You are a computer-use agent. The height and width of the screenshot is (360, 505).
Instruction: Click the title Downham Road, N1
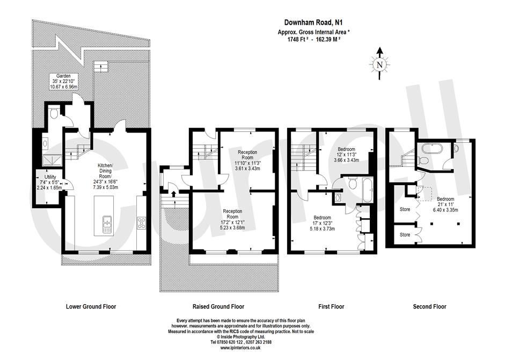[313, 22]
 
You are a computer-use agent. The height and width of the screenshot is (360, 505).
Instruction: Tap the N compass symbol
[380, 64]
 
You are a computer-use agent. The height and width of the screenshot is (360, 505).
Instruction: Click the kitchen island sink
[107, 224]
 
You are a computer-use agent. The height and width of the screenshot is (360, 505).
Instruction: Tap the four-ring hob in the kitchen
[142, 223]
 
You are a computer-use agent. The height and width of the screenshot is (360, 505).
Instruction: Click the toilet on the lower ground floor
[54, 113]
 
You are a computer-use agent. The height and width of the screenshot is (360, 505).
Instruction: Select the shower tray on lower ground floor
[52, 160]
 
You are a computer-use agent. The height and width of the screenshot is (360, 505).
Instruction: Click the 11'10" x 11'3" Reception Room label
[247, 160]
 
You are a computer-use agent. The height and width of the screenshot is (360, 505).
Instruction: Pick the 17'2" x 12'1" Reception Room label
[232, 219]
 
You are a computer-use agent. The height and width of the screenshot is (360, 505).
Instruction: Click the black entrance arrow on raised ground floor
[173, 194]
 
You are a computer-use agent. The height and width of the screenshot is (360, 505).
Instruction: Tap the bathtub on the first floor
[368, 190]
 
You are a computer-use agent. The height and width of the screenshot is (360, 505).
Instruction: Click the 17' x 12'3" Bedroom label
[322, 223]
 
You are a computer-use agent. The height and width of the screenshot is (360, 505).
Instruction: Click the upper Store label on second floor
[405, 209]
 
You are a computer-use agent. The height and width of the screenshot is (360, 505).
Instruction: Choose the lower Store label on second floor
[405, 235]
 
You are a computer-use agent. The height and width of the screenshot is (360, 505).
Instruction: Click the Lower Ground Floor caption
[91, 306]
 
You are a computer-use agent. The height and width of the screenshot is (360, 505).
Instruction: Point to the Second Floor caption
[430, 306]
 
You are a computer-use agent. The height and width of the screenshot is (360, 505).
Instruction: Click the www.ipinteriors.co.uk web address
[241, 348]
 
